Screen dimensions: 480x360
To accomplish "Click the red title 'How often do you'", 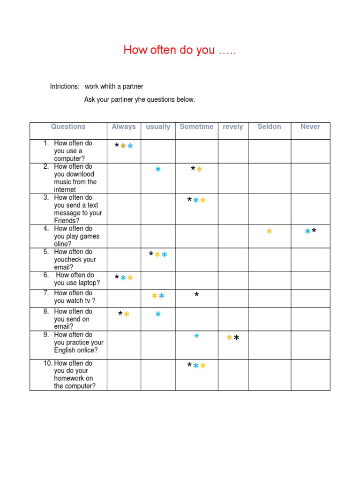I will pos(180,50).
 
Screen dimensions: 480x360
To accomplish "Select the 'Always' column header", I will pos(124,127).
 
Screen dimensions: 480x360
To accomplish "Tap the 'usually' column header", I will pos(158,127).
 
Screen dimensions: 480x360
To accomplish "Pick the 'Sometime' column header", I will pos(196,127).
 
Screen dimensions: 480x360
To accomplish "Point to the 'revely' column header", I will pos(233,127).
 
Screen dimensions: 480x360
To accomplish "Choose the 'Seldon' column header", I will pos(269,127).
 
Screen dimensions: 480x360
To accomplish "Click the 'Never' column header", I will pos(310,127).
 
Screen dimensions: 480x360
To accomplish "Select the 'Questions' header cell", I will pos(68,127).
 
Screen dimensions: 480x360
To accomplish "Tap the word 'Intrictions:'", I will pos(65,87).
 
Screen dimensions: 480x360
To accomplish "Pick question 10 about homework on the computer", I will pos(74,375).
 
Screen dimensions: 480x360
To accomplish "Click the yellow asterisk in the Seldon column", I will pos(269,232).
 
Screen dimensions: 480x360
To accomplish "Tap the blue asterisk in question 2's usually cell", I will pos(158,170).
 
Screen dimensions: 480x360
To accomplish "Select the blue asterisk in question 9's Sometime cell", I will pos(196,337).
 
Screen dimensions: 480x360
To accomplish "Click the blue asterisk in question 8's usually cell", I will pos(158,315).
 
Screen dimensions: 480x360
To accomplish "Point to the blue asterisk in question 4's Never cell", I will pos(307,232).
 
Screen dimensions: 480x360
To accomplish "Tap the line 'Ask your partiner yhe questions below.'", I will pos(139,99).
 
